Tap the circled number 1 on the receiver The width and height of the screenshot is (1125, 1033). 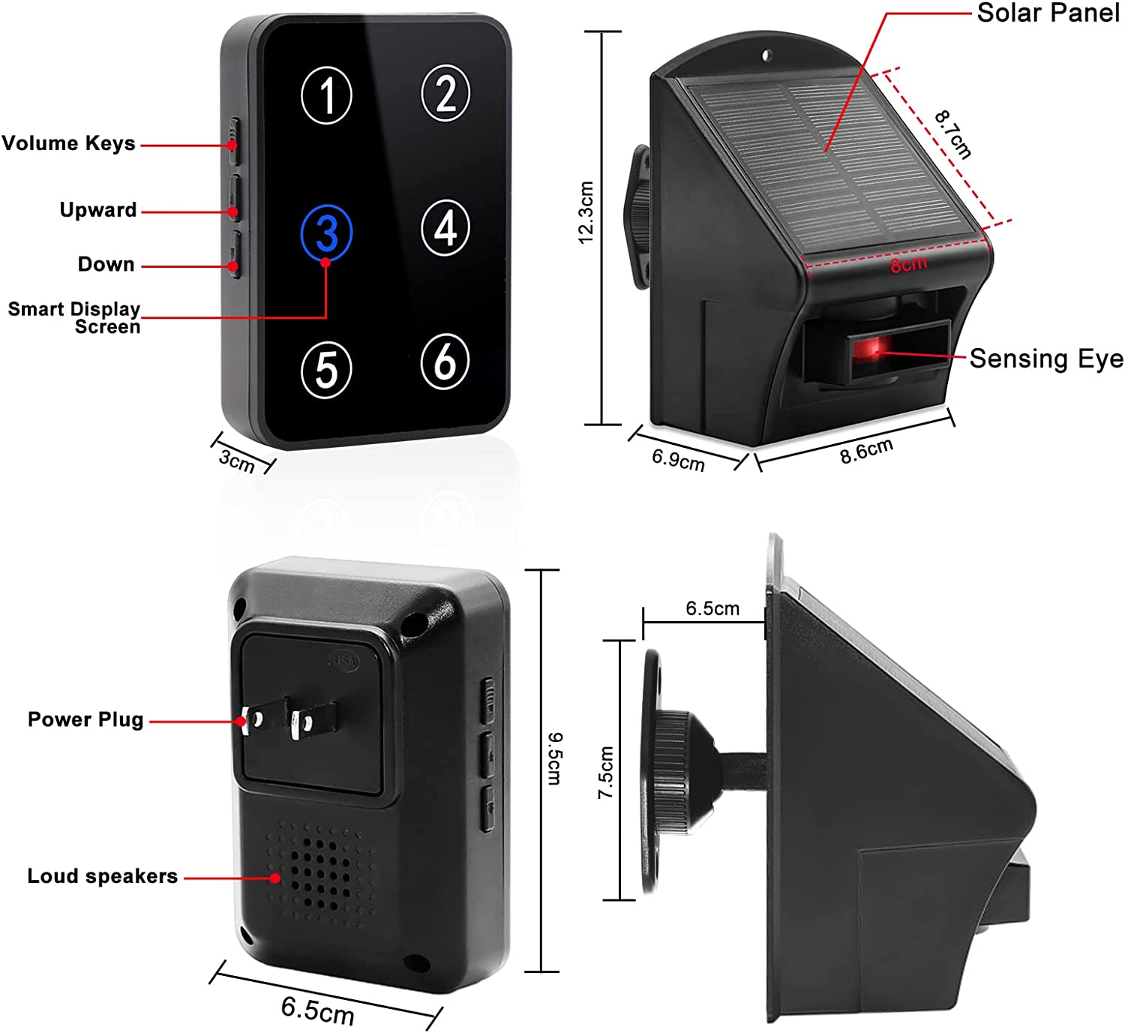(326, 95)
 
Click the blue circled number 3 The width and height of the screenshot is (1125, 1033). (326, 233)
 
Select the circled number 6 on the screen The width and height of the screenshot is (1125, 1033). (445, 362)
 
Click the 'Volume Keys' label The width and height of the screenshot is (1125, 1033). (69, 143)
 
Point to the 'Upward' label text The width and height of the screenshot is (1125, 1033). (98, 210)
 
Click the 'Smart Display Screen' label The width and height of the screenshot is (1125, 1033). (74, 318)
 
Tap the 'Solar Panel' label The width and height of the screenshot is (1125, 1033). (1048, 13)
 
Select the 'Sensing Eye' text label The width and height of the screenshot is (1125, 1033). (1046, 359)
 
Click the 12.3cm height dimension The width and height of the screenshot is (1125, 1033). (586, 212)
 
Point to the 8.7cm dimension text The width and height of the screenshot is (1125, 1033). (952, 134)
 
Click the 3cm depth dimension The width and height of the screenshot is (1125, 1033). (237, 459)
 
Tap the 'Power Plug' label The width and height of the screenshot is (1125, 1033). (85, 719)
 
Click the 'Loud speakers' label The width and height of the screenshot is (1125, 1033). (103, 876)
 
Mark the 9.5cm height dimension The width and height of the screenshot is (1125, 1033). (555, 758)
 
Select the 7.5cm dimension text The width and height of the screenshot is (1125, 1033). (606, 772)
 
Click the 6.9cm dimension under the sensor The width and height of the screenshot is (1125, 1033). (678, 458)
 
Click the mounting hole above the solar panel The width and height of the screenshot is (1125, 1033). (766, 55)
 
